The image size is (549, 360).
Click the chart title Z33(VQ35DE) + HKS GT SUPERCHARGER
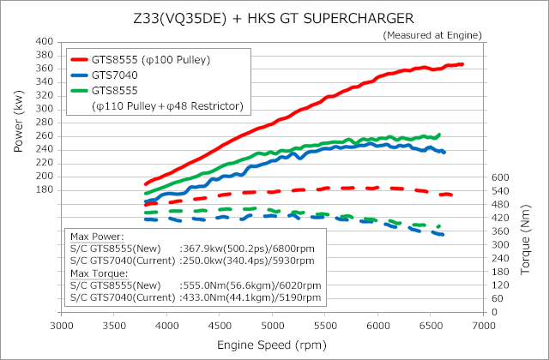pyautogui.click(x=274, y=16)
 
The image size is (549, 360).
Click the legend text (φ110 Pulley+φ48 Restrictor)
pyautogui.click(x=167, y=105)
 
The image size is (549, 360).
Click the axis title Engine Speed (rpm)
pyautogui.click(x=272, y=345)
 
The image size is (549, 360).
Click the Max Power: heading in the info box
pyautogui.click(x=96, y=236)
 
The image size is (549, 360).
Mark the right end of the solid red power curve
pyautogui.click(x=462, y=64)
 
